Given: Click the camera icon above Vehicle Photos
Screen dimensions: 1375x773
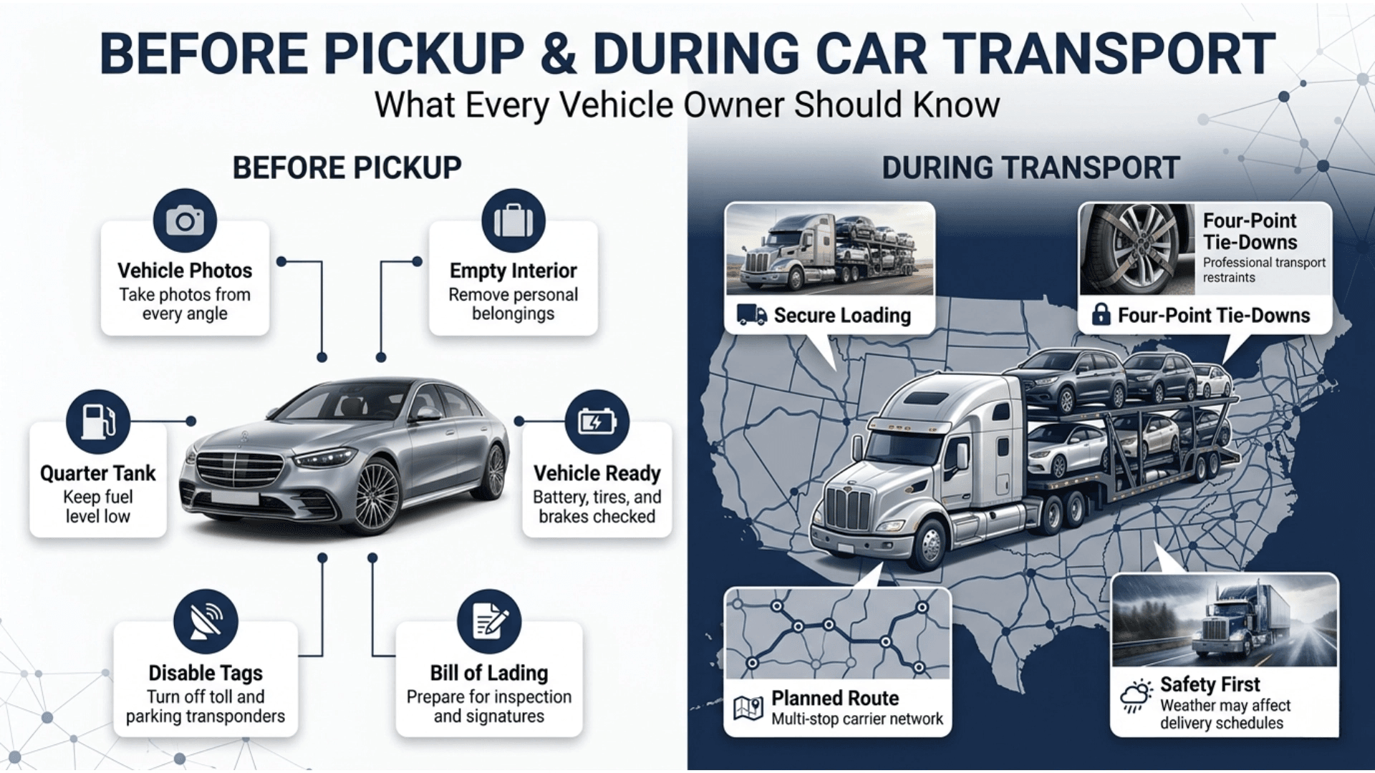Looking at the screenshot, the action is (x=185, y=220).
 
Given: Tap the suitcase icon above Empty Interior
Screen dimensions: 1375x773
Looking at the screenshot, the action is (x=513, y=220).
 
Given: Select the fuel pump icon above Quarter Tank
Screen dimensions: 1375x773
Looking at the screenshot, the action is (x=98, y=422).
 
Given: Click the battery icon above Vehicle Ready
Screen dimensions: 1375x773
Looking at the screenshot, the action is (x=597, y=422).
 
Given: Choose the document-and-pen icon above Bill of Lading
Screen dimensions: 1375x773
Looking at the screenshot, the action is (x=490, y=621).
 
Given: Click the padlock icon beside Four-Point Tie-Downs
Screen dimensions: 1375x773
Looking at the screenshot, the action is (x=1101, y=314).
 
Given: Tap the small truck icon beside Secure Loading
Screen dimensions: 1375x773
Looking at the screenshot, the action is (x=751, y=315).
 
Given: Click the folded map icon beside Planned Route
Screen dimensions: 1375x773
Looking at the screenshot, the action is (x=749, y=709).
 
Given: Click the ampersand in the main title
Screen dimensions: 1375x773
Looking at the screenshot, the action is (x=558, y=54).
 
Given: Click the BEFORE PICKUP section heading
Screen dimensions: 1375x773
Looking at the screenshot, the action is (x=347, y=168).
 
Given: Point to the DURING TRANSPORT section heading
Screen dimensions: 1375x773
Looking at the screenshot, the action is (x=1031, y=168).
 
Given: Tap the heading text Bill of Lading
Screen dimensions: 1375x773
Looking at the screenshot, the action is (x=489, y=673).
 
